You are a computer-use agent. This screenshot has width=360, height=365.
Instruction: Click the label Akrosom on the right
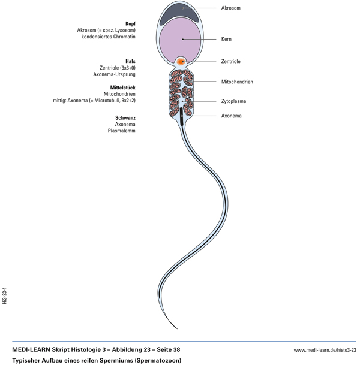click(x=231, y=8)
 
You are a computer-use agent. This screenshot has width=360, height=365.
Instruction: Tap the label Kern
click(x=226, y=40)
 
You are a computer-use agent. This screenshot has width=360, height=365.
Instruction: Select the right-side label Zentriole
click(x=231, y=62)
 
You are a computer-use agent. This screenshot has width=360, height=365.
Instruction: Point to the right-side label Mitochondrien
click(x=236, y=81)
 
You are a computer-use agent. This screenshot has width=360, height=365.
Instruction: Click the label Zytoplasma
click(x=233, y=101)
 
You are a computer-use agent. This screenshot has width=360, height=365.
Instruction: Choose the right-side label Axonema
click(x=232, y=116)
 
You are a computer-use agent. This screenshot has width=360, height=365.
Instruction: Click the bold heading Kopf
click(x=130, y=23)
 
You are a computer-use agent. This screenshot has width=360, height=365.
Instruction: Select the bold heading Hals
click(x=130, y=61)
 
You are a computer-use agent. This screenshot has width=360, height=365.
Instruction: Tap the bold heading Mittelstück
click(x=123, y=88)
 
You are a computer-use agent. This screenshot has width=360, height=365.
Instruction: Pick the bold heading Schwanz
click(x=125, y=117)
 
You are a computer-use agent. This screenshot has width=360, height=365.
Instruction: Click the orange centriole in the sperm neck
click(x=181, y=62)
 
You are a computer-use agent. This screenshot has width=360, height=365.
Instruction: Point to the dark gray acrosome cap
click(x=181, y=10)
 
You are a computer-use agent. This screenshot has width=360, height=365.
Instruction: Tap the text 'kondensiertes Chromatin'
click(x=109, y=37)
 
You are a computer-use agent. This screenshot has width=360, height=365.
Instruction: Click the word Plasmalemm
click(x=122, y=131)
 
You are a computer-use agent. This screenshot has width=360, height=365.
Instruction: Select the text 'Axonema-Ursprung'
click(x=114, y=74)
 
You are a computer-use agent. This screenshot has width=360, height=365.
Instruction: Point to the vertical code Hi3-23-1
click(x=4, y=295)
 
